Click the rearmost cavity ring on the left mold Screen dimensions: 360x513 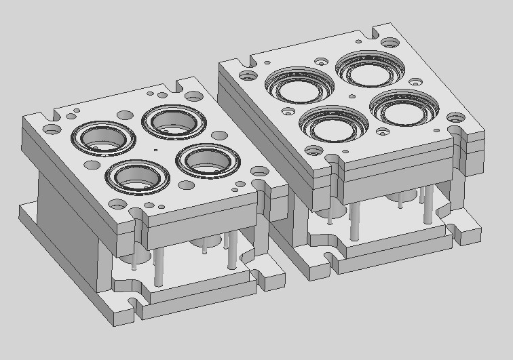coord(174,121)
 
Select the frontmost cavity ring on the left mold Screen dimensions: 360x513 coord(138,176)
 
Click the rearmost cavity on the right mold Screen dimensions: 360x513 coord(370,66)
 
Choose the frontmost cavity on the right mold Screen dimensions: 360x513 coord(334,122)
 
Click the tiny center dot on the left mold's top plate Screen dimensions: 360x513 coord(155,149)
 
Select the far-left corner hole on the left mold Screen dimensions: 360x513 coord(52,127)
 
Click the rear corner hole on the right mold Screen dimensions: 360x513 coord(389,42)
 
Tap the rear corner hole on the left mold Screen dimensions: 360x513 coord(193,96)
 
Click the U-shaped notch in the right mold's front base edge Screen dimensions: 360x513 coord(331,258)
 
